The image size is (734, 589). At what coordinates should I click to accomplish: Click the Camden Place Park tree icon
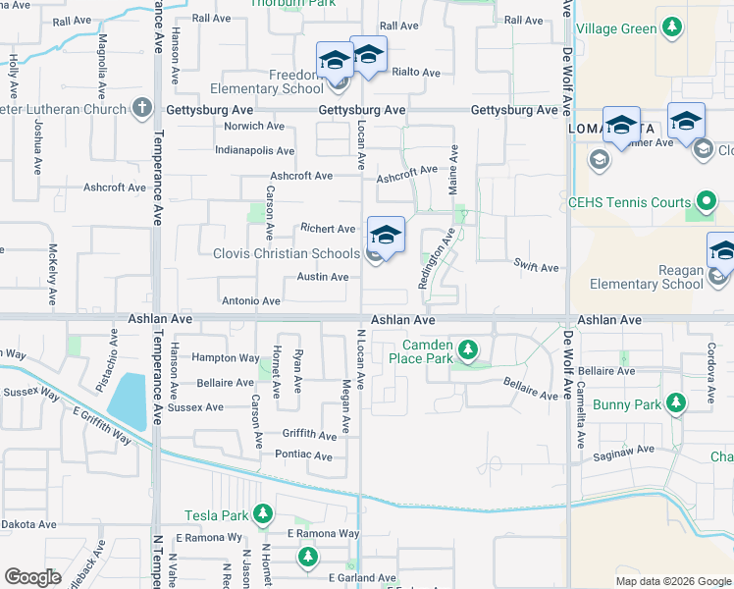point(468,349)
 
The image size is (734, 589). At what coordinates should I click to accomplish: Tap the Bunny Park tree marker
point(675,403)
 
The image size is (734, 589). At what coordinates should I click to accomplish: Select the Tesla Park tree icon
point(262,514)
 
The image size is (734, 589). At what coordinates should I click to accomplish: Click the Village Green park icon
point(672,28)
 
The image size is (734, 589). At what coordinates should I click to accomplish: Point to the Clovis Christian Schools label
point(287,254)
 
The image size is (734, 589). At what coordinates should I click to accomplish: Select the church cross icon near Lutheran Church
point(142,108)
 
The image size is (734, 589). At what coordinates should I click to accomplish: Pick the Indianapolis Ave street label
point(254,151)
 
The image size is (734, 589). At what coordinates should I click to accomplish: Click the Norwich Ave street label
point(253,126)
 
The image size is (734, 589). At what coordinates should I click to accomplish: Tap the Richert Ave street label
point(327,229)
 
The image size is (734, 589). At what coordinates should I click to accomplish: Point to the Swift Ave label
point(536,267)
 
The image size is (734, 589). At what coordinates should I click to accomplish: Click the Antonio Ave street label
point(251,300)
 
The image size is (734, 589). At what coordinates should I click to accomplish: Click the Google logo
point(33,577)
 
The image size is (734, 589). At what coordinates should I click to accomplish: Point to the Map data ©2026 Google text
point(672,580)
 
